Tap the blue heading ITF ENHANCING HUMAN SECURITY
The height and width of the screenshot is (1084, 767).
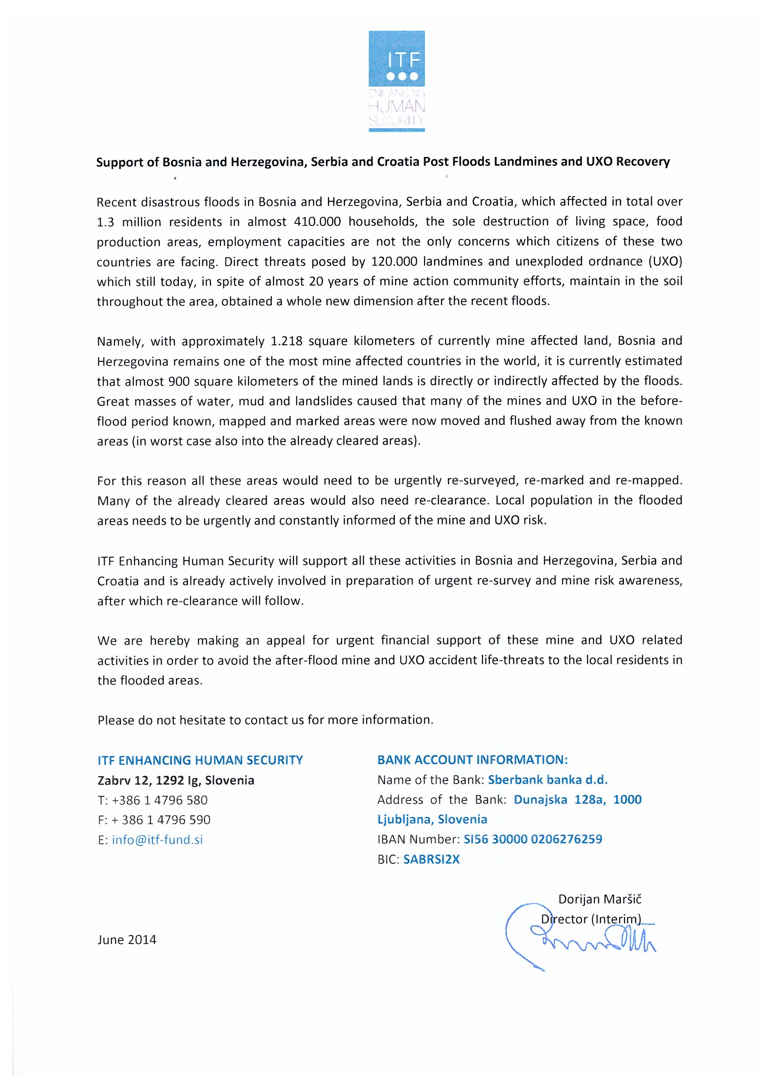tap(200, 760)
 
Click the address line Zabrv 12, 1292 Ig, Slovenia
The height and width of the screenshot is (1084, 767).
tap(176, 780)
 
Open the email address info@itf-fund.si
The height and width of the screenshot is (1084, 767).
tap(157, 840)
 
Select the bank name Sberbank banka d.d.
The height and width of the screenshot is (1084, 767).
tap(547, 780)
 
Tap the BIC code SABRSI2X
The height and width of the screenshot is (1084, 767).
tap(431, 859)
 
